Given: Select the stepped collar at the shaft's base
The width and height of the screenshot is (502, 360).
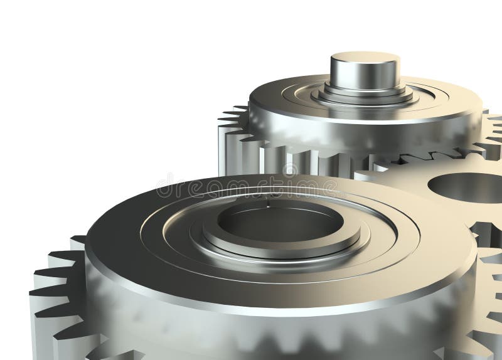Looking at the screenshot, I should tap(365, 94).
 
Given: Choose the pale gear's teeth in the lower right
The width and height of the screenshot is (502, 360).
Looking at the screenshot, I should tap(486, 295).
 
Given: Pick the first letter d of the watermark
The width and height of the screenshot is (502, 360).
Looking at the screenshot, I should tap(164, 187).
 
